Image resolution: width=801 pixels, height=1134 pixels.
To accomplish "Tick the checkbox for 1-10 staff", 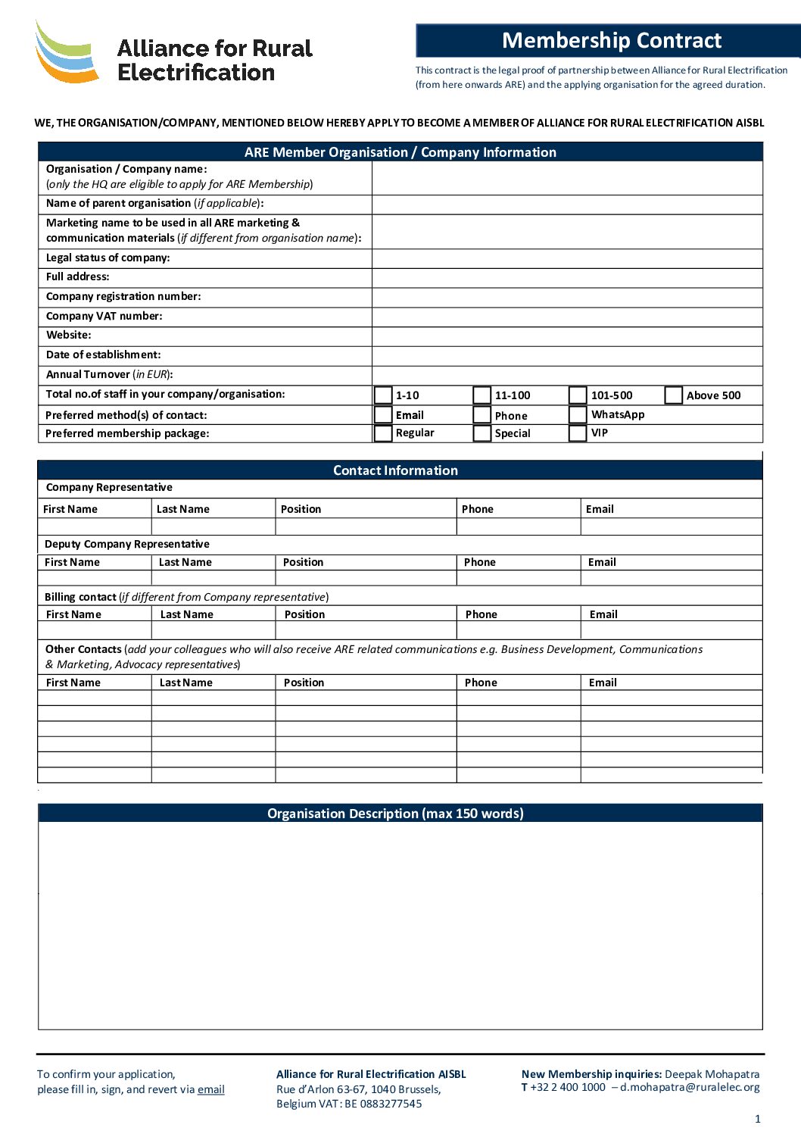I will coord(383,395).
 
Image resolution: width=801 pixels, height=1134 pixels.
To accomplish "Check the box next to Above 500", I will coord(674,395).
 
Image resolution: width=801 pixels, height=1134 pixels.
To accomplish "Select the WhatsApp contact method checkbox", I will coord(578,415).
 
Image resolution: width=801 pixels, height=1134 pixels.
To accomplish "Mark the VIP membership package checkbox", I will coord(578,433).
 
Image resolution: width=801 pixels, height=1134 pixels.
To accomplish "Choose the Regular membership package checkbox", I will coord(383,433).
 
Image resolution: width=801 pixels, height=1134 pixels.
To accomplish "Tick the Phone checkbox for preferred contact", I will coord(482,415).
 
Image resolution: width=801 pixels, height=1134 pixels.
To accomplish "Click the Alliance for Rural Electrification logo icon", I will coord(67,52).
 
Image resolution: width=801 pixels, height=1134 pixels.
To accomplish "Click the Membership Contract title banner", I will coord(611,40).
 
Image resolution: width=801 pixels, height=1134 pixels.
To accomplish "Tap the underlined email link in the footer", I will coord(211,1089).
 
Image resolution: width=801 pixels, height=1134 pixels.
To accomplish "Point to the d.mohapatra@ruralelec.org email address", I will coord(690,1087).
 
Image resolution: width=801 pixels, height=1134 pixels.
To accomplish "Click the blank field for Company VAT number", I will coord(567,317).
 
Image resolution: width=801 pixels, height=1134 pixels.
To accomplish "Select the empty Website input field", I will coord(567,336).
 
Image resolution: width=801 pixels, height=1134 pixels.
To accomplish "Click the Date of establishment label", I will coord(104,355).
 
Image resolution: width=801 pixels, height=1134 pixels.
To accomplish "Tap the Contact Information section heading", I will coord(395,470).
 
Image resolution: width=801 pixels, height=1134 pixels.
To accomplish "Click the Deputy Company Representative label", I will coord(127,544).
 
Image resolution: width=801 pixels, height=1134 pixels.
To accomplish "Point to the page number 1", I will coord(758,1119).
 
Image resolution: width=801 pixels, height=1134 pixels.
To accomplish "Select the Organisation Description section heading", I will coord(395,814).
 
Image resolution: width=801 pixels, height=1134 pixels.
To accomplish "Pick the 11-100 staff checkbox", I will coord(482,395).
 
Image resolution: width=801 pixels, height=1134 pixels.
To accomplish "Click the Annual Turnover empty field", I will coord(567,375).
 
